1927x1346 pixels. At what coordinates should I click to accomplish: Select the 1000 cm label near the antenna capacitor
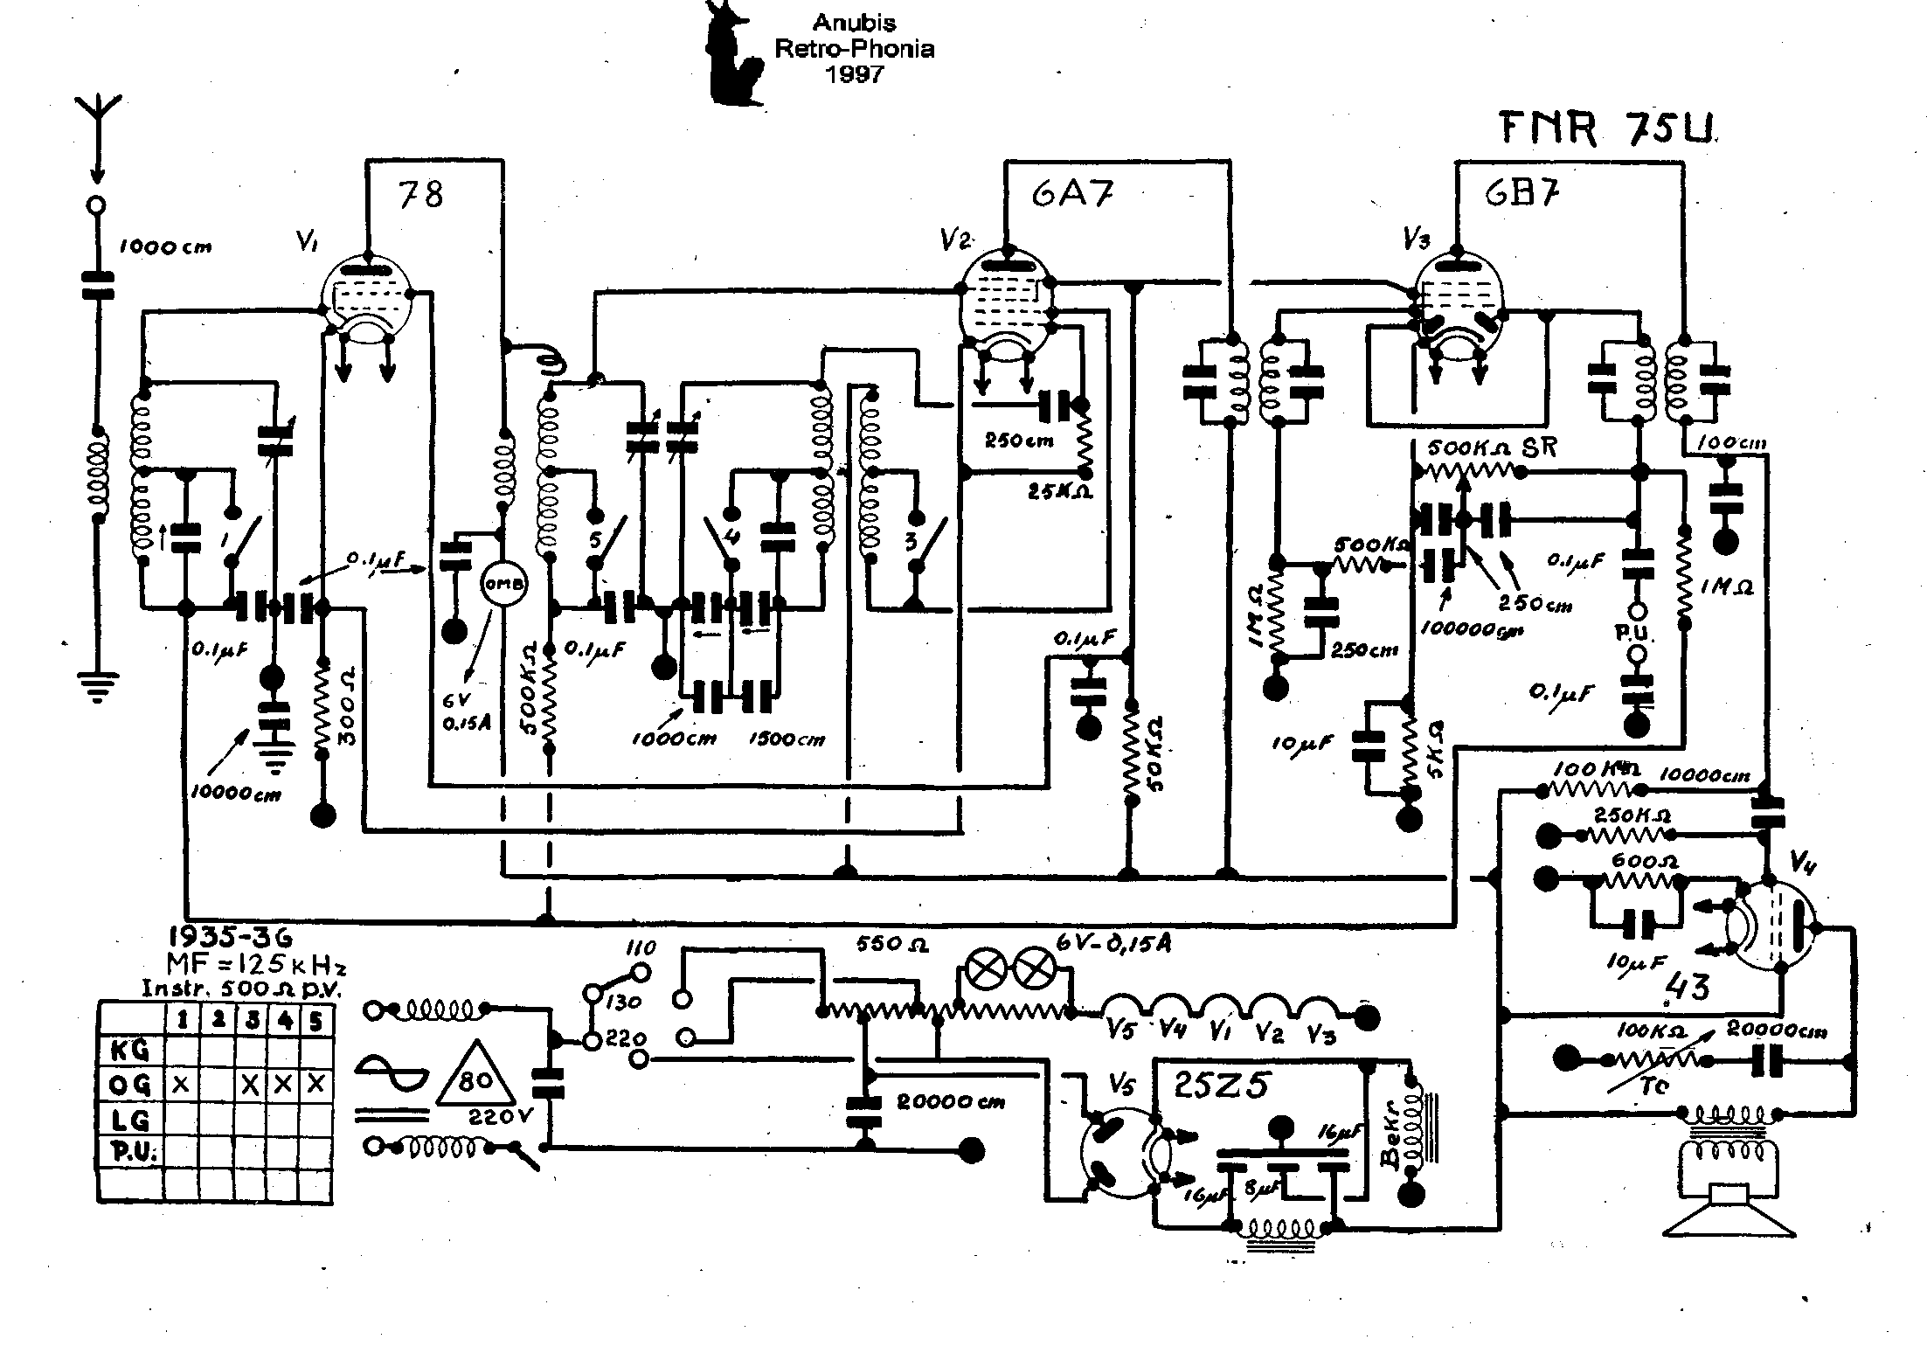click(165, 247)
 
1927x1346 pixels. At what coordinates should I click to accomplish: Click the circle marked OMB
click(503, 586)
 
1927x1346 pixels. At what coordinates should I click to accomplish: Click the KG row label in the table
click(129, 1048)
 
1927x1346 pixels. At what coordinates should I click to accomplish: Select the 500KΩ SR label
click(1492, 448)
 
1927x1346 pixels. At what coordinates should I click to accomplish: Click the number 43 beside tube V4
click(1687, 988)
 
